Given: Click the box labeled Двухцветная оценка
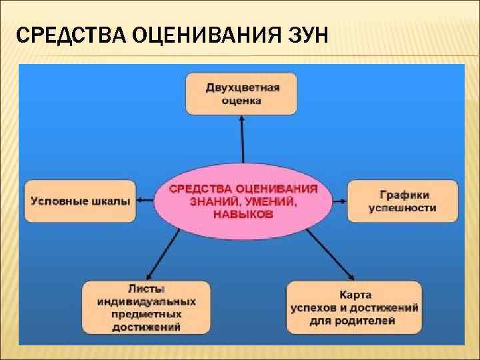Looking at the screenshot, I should click(242, 94).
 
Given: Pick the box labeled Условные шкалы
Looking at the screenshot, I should click(79, 201).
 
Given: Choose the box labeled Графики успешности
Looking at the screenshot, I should click(403, 201).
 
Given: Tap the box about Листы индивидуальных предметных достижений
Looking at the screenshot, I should click(146, 307).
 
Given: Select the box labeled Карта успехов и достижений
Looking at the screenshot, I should click(354, 307).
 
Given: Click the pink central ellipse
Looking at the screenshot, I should click(243, 201).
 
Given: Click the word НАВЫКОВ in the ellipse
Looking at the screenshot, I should click(243, 215).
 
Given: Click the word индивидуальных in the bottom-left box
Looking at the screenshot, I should click(147, 301).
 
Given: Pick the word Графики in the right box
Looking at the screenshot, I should click(403, 195).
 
